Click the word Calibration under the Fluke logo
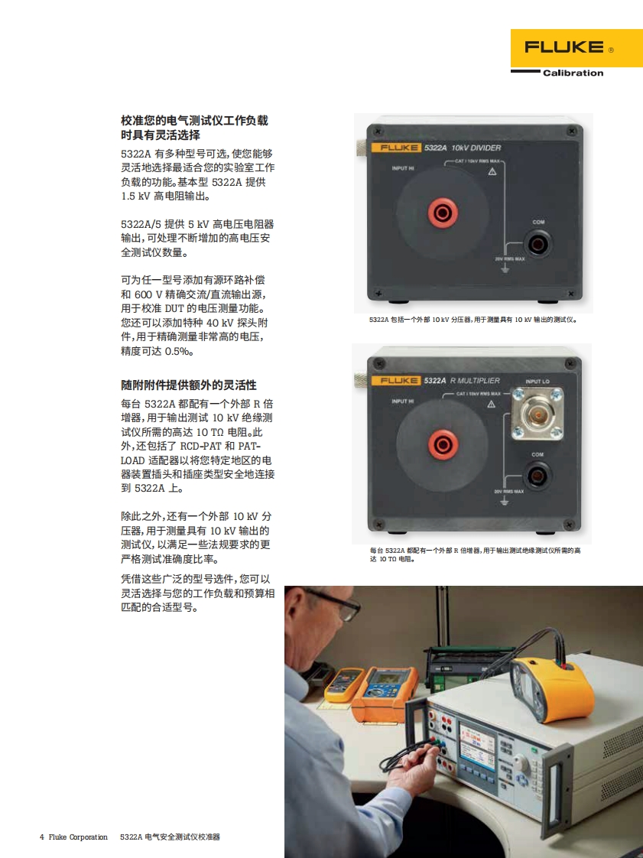573,73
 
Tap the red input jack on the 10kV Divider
442,213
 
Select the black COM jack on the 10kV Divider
537,243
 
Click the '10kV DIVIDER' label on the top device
476,148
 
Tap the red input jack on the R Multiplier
443,444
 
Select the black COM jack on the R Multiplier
537,476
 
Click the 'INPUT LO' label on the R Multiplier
537,382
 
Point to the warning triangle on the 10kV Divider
492,171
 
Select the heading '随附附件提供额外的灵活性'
189,385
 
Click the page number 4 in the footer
41,837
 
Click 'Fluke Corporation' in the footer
78,837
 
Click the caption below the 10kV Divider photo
473,320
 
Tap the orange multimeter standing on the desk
384,694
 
